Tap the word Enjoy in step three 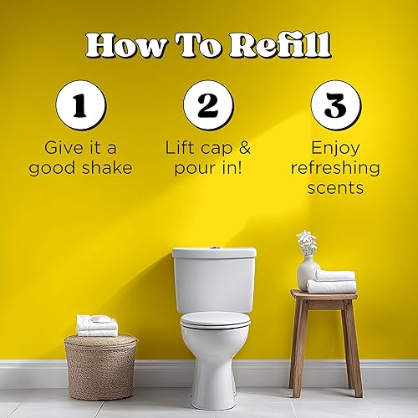coord(335,147)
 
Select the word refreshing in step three coord(335,167)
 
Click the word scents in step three coord(335,187)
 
